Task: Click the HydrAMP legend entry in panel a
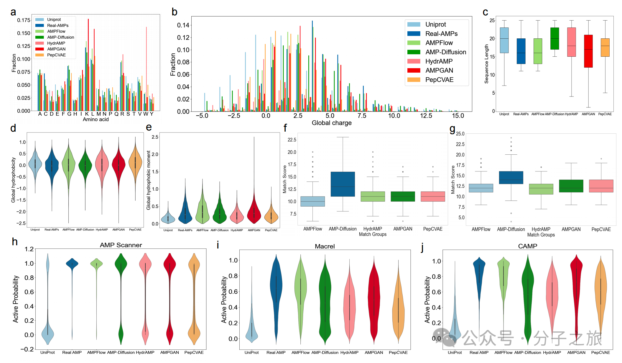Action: click(x=56, y=43)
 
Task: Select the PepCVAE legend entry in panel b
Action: click(x=439, y=80)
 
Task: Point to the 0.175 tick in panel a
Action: click(x=24, y=20)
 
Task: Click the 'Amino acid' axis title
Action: click(x=96, y=120)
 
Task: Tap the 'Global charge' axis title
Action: click(x=332, y=123)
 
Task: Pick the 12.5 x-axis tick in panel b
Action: click(x=426, y=116)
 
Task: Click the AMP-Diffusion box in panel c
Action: click(x=554, y=38)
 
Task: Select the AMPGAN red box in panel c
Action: click(x=588, y=51)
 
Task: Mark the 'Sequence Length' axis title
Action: click(x=486, y=64)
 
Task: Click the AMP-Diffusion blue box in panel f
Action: click(x=343, y=184)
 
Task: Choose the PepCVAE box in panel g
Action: click(x=601, y=186)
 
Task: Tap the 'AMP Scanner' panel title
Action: click(x=121, y=245)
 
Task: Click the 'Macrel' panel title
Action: click(x=325, y=246)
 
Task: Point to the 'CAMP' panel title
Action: click(x=528, y=246)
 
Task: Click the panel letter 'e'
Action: click(x=149, y=127)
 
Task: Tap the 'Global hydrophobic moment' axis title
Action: click(x=149, y=180)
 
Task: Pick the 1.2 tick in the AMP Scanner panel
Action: click(x=29, y=249)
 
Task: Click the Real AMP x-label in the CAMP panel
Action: click(x=479, y=352)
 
